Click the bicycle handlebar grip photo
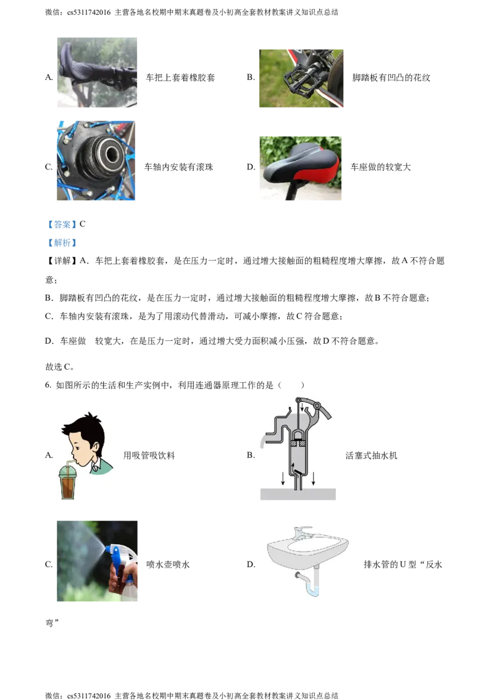pyautogui.click(x=97, y=72)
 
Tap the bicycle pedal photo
pyautogui.click(x=301, y=78)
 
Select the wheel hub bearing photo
pyautogui.click(x=96, y=160)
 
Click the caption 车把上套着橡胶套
pyautogui.click(x=180, y=78)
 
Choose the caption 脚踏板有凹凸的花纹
pyautogui.click(x=391, y=78)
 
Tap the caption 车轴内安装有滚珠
pyautogui.click(x=179, y=167)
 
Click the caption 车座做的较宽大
pyautogui.click(x=381, y=167)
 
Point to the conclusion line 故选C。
pyautogui.click(x=60, y=367)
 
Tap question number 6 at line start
pyautogui.click(x=48, y=385)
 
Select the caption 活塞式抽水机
pyautogui.click(x=371, y=455)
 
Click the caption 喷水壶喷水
pyautogui.click(x=168, y=565)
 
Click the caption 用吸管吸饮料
pyautogui.click(x=149, y=455)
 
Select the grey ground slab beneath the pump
pyautogui.click(x=298, y=493)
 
